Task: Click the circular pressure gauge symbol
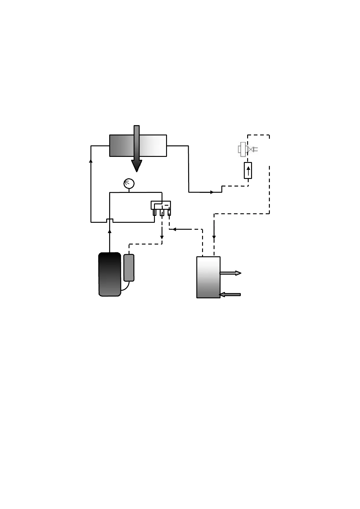pos(129,183)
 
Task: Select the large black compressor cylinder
pos(110,274)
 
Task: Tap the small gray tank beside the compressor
pos(129,267)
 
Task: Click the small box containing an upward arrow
pos(248,170)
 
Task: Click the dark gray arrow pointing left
pos(230,294)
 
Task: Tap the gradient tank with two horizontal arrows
pos(208,277)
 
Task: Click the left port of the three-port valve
pos(155,212)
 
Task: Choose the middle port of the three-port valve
pos(162,212)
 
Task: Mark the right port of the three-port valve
pos(169,212)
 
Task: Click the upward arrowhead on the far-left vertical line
pos(91,161)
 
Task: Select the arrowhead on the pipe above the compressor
pos(110,231)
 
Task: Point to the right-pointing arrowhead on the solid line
pos(212,192)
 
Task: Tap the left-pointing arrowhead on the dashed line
pos(174,229)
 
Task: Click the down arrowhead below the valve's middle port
pos(162,237)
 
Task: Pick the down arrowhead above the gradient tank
pos(214,237)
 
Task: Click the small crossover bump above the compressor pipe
pos(110,220)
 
